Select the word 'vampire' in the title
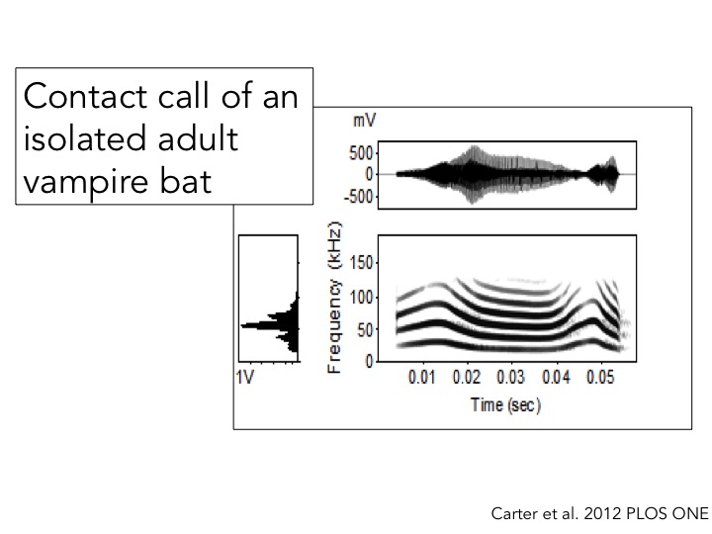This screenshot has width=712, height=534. pyautogui.click(x=82, y=182)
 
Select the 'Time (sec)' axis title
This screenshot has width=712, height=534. pyautogui.click(x=505, y=405)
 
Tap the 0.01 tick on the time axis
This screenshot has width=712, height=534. pyautogui.click(x=422, y=378)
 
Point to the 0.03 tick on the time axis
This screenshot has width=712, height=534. pyautogui.click(x=511, y=378)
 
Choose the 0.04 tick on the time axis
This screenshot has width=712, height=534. pyautogui.click(x=556, y=378)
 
